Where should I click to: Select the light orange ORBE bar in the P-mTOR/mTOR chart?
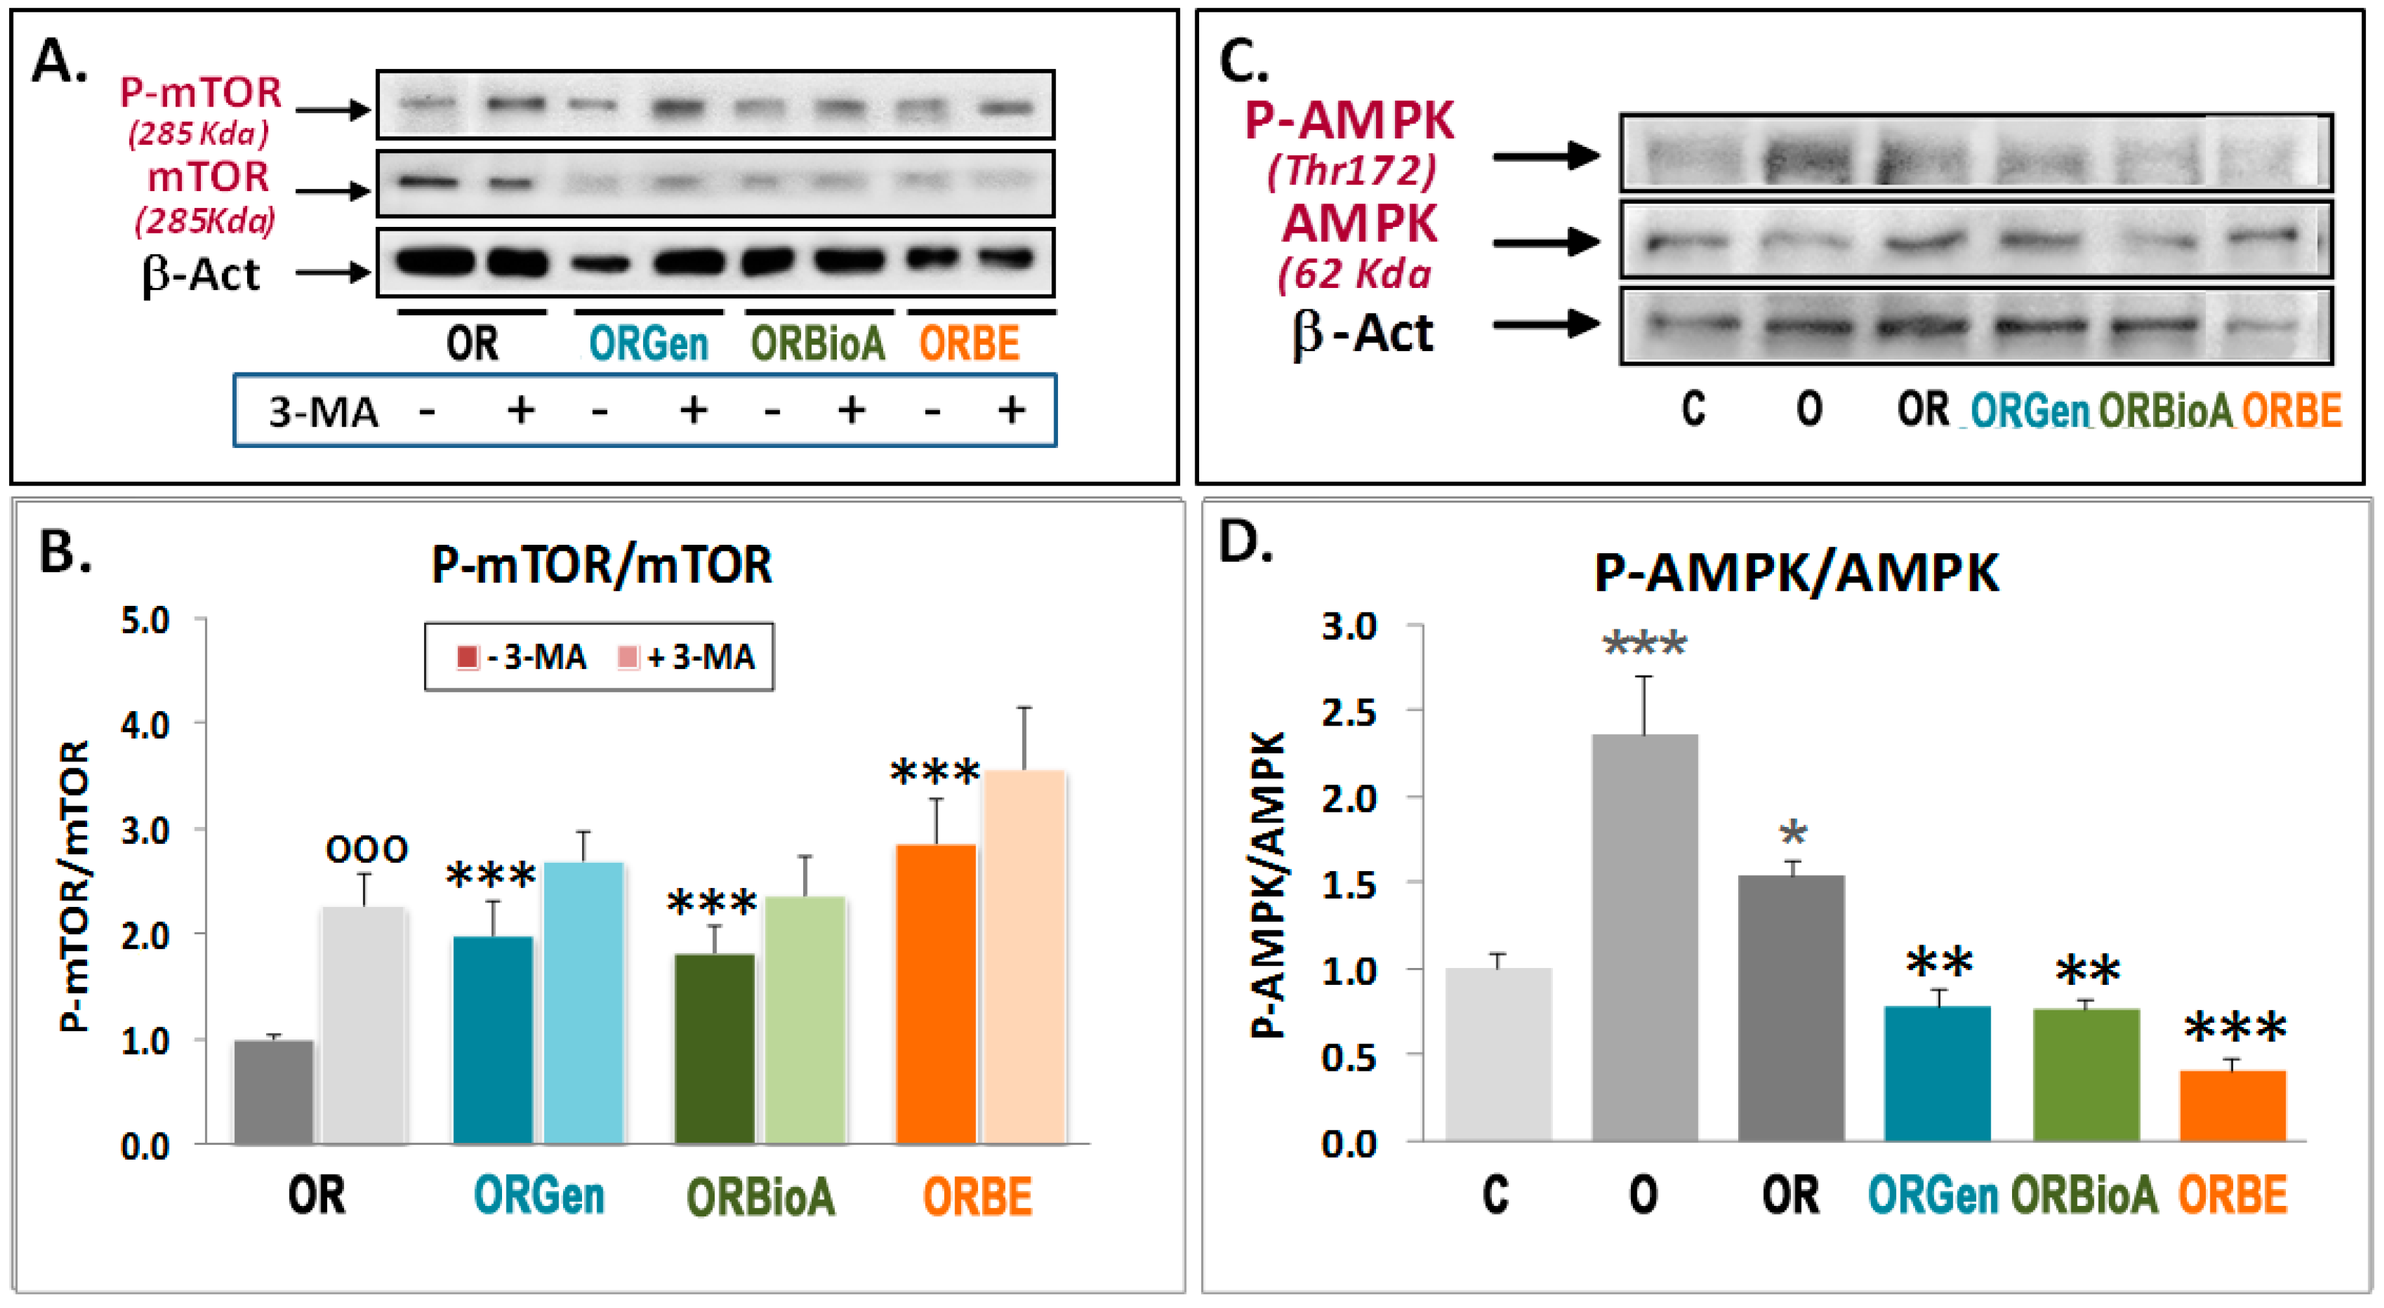(x=1024, y=958)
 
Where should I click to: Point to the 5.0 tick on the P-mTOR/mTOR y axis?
(x=146, y=621)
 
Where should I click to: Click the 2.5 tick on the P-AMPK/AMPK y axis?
(x=1349, y=713)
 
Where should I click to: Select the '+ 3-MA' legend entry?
(x=687, y=657)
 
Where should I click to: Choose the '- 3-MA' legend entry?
(x=522, y=657)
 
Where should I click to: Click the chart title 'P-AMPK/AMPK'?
(x=1795, y=573)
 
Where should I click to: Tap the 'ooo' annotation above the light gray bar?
(x=367, y=849)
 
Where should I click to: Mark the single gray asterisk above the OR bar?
(x=1793, y=834)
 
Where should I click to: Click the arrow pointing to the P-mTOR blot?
(x=333, y=110)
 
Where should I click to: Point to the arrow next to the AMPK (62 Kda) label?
(x=1546, y=242)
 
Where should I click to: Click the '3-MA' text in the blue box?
(x=323, y=412)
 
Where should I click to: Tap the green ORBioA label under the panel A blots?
(x=817, y=344)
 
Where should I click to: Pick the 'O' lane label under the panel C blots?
(x=1809, y=408)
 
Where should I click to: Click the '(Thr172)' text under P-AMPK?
(x=1351, y=170)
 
